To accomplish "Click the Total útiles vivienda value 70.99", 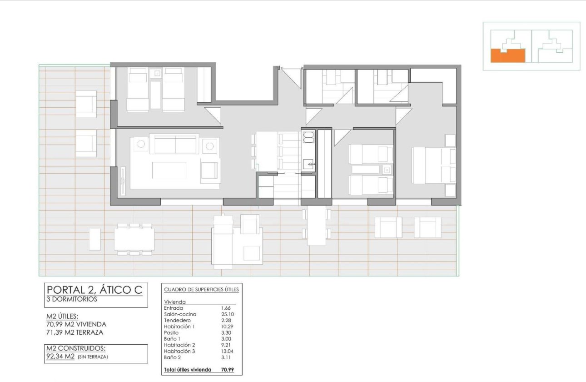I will [x=227, y=370].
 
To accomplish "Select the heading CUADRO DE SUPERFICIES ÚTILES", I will [x=201, y=289].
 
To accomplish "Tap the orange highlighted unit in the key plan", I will [x=508, y=55].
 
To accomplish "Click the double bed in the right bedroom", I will [x=433, y=166].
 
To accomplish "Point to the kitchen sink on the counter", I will [x=309, y=163].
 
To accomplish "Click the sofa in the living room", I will [x=175, y=144].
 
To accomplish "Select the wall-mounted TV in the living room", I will [x=123, y=181].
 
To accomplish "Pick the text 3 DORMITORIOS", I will [x=72, y=300].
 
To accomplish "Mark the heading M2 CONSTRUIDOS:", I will [x=76, y=348].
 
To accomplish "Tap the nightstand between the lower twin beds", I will [x=387, y=170].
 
